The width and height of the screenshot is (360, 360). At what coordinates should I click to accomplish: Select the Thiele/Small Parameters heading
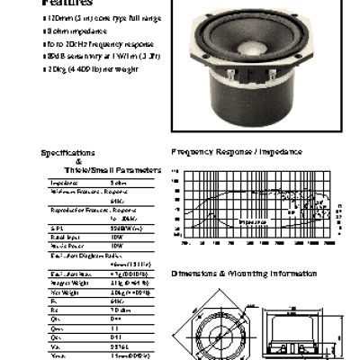tap(112, 169)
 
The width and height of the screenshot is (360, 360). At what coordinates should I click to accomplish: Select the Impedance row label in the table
tap(63, 183)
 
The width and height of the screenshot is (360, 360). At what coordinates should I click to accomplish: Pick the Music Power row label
tap(65, 245)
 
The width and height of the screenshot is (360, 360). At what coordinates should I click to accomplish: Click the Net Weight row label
tap(64, 292)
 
